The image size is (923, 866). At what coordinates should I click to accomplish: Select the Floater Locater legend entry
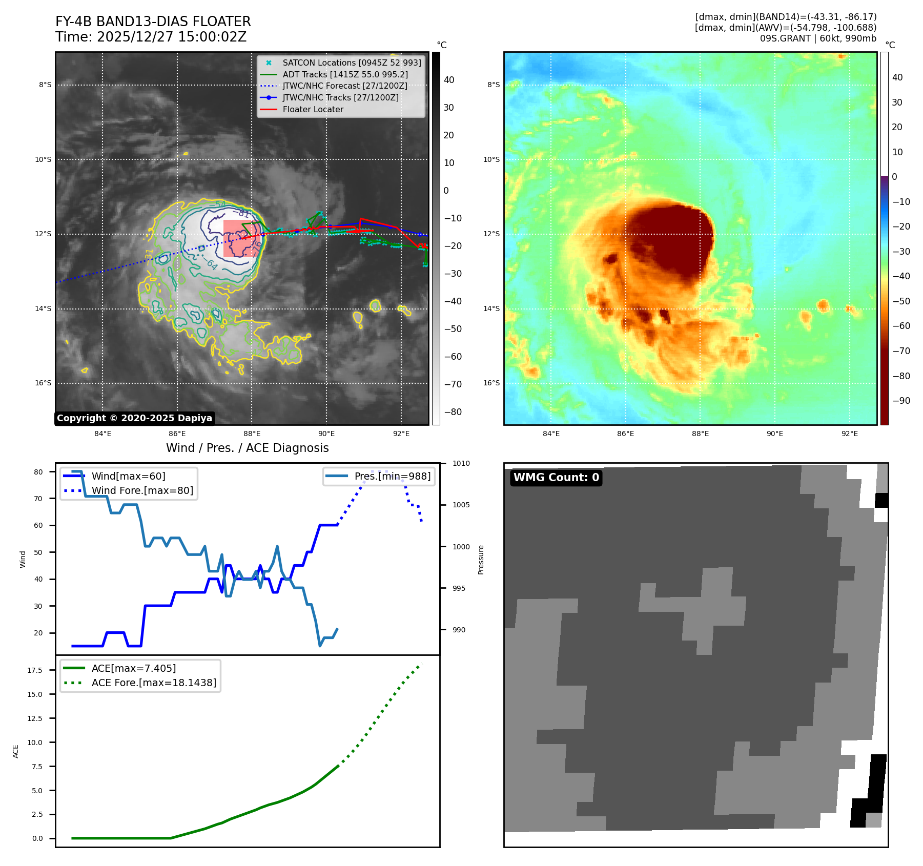(313, 109)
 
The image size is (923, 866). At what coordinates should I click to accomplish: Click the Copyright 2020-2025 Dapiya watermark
(134, 418)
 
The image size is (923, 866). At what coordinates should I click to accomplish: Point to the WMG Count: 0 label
(556, 478)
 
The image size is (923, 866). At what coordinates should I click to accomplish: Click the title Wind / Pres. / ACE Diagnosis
(247, 448)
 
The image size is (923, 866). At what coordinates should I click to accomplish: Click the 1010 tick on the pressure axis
(461, 463)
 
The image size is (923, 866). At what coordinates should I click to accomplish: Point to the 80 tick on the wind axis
(38, 472)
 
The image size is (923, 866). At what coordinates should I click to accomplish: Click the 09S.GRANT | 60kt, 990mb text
(818, 38)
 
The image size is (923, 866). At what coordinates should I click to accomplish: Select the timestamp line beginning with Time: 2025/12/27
(151, 37)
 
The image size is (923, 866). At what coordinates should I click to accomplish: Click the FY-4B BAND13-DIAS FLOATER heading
(153, 22)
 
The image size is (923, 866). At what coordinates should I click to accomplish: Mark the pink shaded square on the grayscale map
(242, 238)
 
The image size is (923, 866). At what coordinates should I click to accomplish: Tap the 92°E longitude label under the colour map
(849, 434)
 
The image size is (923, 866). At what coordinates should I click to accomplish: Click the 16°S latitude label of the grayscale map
(43, 383)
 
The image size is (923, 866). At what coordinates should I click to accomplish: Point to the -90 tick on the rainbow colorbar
(901, 401)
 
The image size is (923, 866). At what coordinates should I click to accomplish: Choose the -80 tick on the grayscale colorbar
(453, 412)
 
